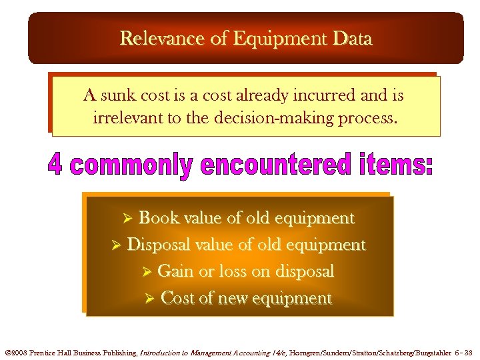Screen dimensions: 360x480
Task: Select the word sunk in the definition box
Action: (117, 96)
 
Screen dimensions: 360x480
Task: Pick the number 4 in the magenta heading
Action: (55, 166)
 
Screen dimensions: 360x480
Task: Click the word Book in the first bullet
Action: (157, 219)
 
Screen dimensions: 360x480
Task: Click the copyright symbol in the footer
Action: (8, 351)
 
